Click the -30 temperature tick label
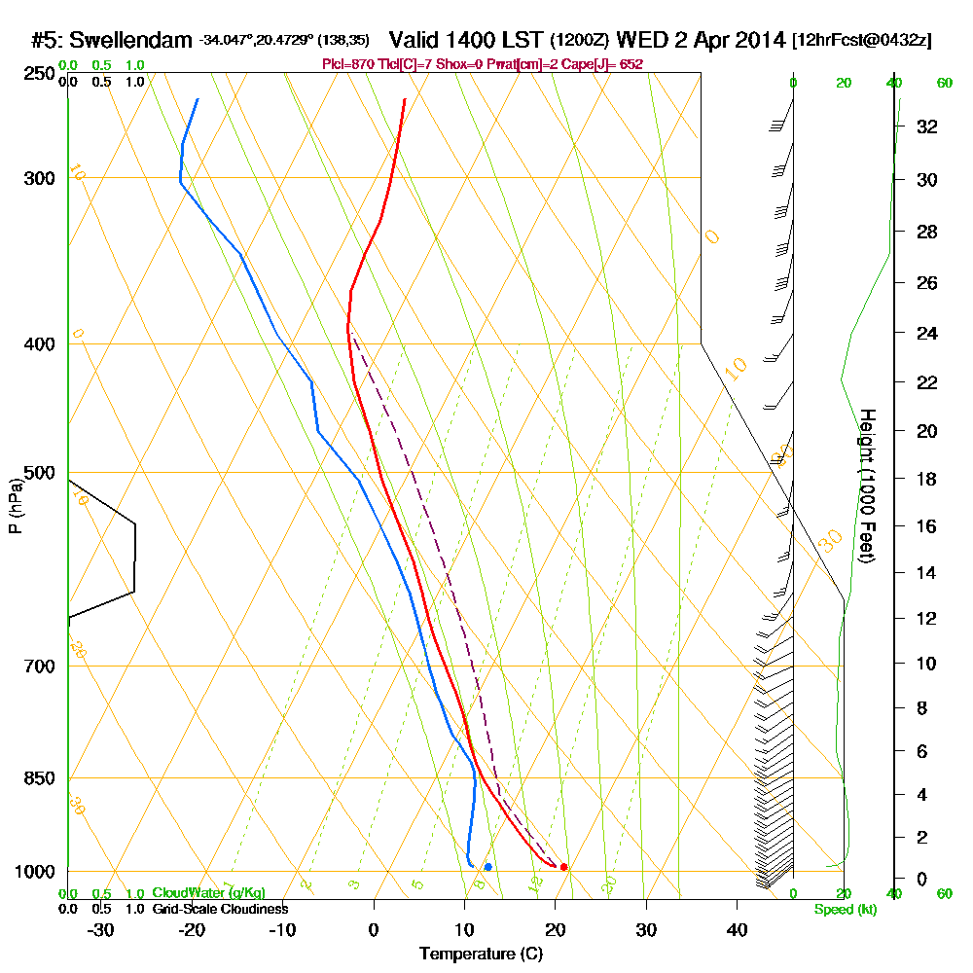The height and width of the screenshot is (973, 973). pos(101,929)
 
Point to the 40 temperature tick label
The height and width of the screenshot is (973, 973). pos(738,929)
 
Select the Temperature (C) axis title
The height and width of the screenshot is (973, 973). pos(481,954)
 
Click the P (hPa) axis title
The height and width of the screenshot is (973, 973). pos(15,505)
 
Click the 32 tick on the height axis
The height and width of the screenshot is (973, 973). pos(927,126)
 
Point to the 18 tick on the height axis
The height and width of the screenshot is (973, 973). pos(927,479)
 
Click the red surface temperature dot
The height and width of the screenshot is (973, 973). pos(564,867)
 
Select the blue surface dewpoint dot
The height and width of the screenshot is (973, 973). pos(487,867)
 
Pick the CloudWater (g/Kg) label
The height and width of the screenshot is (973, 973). pos(208,892)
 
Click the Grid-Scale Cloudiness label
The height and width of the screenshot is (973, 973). pos(219,909)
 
